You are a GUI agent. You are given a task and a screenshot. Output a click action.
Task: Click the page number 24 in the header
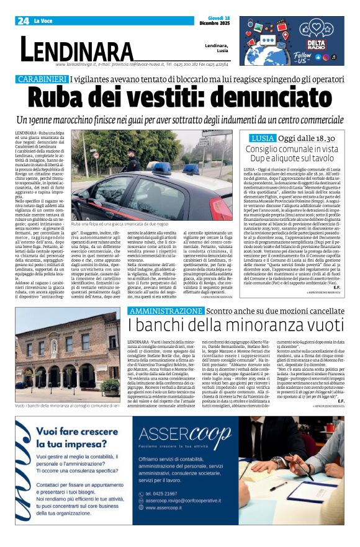click(x=23, y=20)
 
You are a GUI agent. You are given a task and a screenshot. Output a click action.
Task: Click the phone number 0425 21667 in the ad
click(x=164, y=494)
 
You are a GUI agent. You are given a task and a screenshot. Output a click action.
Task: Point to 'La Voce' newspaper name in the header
click(x=43, y=21)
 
